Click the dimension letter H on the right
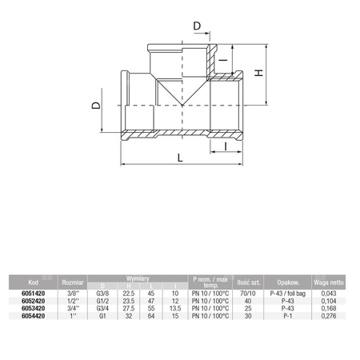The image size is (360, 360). coord(258,73)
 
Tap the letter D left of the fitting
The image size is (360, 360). coord(97,106)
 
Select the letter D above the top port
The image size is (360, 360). coord(198,27)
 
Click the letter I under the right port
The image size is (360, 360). coord(226,146)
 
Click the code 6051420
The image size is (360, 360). coord(31,293)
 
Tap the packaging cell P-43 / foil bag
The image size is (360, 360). coord(287,293)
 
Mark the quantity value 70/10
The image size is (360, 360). coord(248,293)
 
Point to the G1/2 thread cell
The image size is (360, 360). coord(102,301)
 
